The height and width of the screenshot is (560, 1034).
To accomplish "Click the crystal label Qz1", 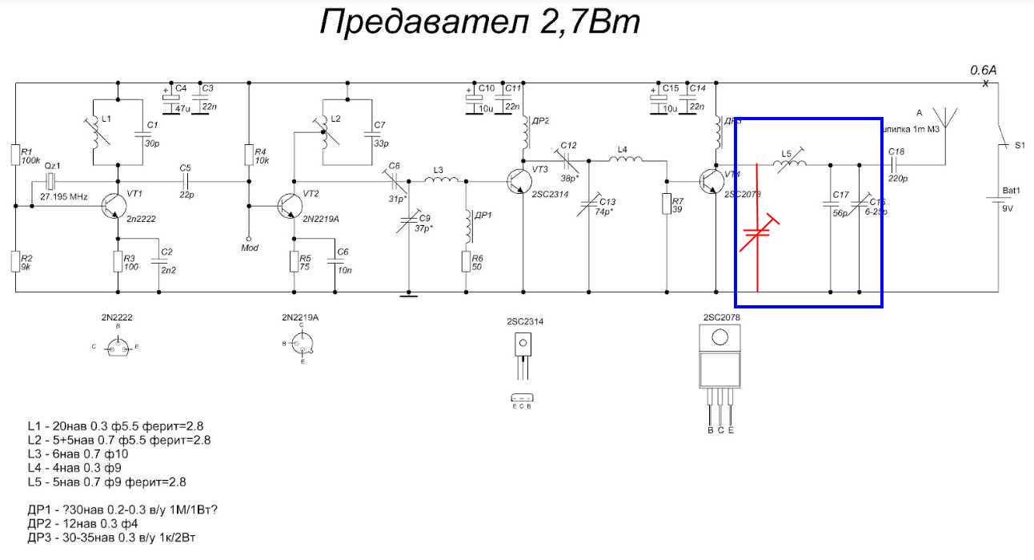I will tap(54, 165).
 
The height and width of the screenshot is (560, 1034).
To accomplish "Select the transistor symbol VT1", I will tap(112, 207).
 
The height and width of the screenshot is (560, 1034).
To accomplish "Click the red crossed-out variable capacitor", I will tap(757, 234).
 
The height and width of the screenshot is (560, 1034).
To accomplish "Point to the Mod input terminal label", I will tap(249, 248).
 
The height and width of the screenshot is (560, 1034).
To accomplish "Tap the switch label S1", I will tap(1019, 146).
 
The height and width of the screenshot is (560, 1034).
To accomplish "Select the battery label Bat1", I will tap(1012, 191).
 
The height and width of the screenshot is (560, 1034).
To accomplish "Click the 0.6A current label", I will tap(983, 71).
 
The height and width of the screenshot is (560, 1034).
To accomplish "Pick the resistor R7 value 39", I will tap(678, 210).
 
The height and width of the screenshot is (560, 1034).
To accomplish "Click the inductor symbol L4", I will tap(625, 160).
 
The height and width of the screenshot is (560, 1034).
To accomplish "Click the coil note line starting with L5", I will tap(107, 482).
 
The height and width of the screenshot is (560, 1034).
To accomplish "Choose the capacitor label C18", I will tap(896, 151).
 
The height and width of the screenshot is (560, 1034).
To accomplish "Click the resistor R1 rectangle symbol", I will tap(15, 155).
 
